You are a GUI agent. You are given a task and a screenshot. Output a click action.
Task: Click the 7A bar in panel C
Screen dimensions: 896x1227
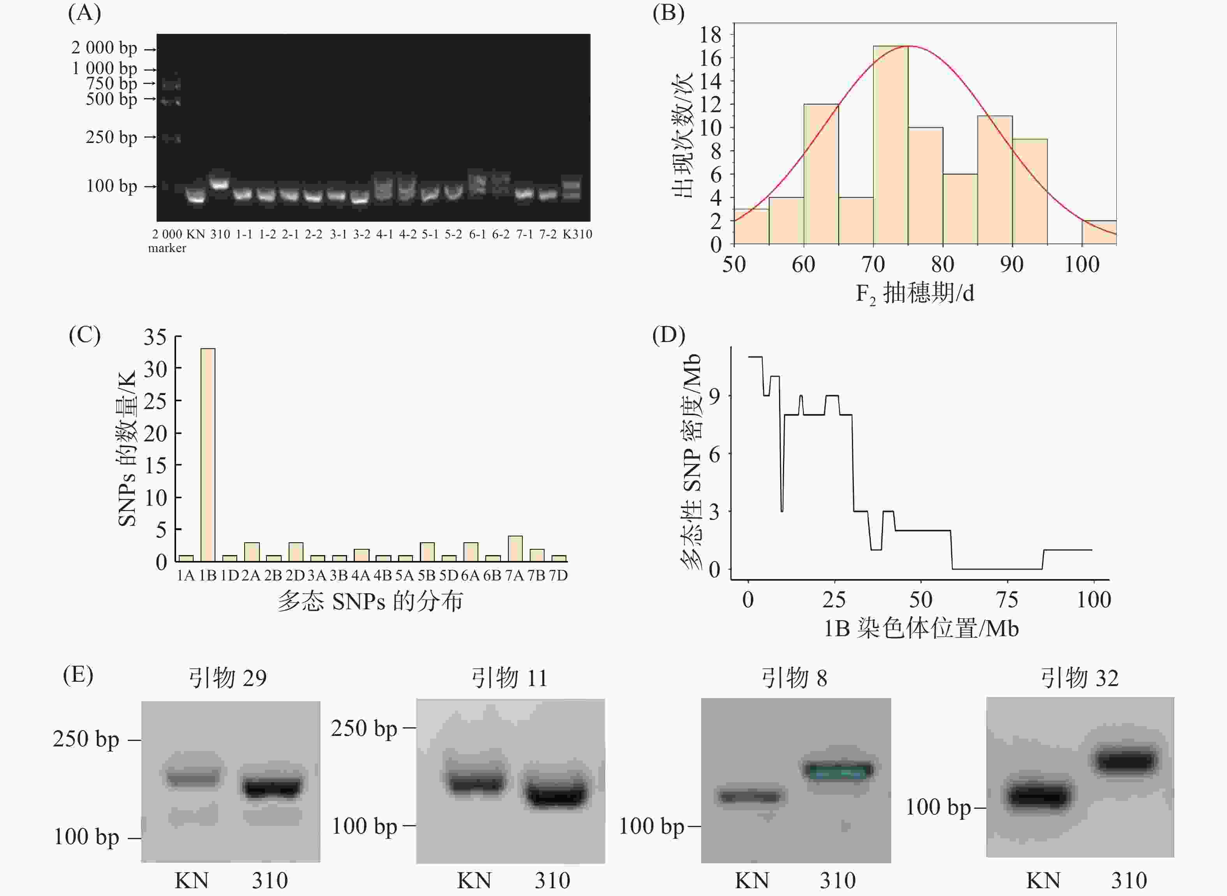point(515,549)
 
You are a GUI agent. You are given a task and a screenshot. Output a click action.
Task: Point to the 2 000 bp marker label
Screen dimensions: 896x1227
point(104,48)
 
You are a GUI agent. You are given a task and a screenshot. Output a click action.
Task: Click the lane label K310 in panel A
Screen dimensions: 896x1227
point(577,234)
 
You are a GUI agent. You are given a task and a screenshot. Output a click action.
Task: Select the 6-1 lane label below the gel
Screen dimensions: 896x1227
point(477,234)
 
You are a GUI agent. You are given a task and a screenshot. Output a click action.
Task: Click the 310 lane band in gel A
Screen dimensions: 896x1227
point(220,183)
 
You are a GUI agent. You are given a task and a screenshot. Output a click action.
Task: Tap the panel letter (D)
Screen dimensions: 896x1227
point(668,335)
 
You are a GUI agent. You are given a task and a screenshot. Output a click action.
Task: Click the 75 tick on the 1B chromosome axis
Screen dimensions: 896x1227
point(1007,600)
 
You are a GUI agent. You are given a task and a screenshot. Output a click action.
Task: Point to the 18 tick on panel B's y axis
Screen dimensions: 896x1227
point(710,35)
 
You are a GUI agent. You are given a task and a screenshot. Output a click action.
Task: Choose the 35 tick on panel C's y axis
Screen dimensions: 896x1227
point(155,337)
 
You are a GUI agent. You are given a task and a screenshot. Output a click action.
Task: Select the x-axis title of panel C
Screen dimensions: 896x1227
point(370,601)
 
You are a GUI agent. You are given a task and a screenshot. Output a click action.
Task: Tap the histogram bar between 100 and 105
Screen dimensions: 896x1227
point(1098,233)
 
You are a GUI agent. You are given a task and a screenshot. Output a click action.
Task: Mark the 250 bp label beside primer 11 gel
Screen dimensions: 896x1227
point(364,728)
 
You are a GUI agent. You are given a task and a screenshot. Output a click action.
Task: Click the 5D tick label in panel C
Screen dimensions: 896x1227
point(448,575)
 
